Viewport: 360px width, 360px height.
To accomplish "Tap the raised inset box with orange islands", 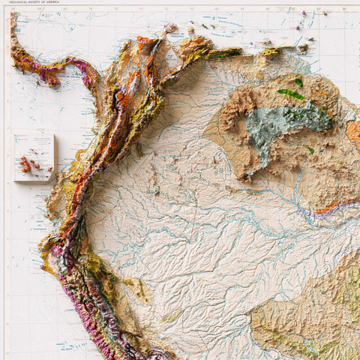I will click(34, 157).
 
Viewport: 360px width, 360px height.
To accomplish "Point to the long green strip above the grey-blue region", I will click(290, 94).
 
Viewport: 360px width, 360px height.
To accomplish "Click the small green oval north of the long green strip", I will click(298, 82).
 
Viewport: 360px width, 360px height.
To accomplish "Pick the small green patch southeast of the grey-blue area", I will click(310, 150).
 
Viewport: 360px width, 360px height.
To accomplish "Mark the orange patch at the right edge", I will click(353, 130).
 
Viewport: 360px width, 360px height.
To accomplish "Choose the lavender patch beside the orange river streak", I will click(309, 214).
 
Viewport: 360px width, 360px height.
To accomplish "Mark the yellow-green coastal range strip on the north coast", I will click(225, 53).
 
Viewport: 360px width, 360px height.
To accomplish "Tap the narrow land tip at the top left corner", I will click(13, 18).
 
